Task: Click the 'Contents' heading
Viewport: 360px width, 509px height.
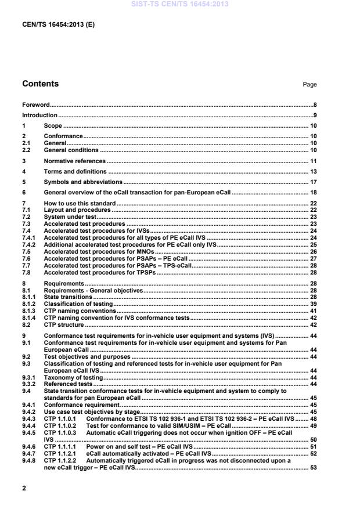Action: (x=40, y=84)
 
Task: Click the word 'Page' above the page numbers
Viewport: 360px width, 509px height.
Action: (x=309, y=85)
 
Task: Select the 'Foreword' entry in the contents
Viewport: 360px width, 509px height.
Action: (x=35, y=105)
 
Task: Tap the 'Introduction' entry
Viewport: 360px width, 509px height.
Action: (x=39, y=115)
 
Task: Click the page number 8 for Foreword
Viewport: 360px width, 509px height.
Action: (x=315, y=105)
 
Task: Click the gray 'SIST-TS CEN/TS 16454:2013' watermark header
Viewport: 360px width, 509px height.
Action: (x=179, y=4)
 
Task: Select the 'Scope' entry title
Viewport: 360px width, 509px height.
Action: (x=53, y=126)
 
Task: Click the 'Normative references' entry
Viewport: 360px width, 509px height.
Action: (x=75, y=161)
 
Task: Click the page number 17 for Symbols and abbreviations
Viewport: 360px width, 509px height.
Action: (x=313, y=182)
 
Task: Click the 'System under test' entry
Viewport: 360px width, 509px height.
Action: (x=66, y=216)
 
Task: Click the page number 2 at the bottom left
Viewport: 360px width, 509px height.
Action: (x=24, y=488)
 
